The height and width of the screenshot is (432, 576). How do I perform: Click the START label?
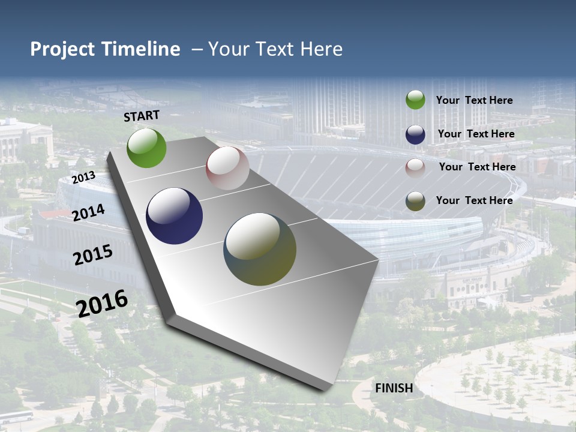[142, 116]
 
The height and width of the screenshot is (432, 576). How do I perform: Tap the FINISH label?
[394, 388]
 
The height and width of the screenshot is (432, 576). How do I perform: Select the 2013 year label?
[83, 178]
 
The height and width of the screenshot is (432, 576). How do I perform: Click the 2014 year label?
[89, 212]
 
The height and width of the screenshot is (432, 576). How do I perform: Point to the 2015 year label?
[93, 255]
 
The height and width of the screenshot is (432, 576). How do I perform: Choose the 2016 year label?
[102, 304]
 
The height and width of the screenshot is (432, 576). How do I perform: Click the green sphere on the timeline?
[147, 148]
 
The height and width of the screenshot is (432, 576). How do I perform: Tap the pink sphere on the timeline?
[227, 168]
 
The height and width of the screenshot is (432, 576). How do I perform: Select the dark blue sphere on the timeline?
[175, 216]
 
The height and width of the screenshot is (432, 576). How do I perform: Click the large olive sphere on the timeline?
[260, 249]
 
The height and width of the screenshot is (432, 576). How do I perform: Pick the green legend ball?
[415, 100]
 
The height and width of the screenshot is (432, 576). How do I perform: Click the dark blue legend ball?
[415, 134]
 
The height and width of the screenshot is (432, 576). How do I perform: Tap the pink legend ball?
[415, 168]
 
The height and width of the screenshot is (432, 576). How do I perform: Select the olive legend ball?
[415, 201]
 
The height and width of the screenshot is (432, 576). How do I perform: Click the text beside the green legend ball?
[474, 100]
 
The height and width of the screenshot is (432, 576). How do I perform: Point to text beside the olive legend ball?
[474, 200]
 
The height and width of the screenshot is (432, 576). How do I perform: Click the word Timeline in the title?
[140, 49]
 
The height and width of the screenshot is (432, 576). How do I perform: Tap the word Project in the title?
[61, 49]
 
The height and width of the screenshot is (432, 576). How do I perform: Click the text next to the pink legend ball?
[477, 167]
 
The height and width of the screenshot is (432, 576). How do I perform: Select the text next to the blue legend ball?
[476, 134]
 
